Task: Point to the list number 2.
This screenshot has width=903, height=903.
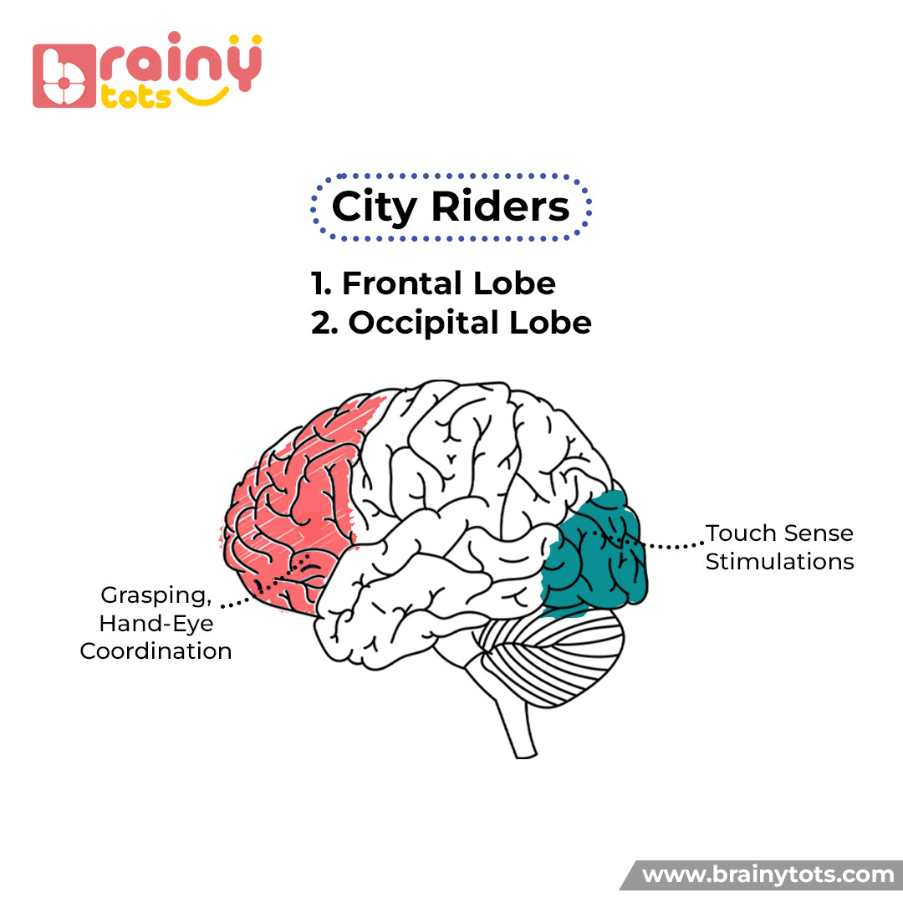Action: (324, 323)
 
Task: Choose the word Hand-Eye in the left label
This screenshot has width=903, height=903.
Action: (156, 624)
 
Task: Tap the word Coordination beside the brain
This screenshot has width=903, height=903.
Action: (156, 651)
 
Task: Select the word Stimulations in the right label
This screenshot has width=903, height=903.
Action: (779, 561)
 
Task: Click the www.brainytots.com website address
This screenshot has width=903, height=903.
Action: (768, 875)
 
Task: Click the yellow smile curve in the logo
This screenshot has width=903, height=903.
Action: (205, 96)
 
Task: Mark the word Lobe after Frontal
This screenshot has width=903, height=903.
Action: (513, 283)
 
